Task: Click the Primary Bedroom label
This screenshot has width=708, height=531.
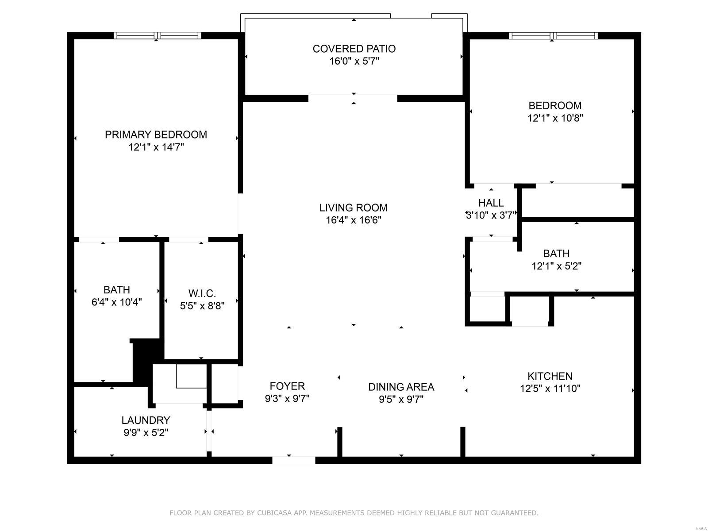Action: (x=156, y=135)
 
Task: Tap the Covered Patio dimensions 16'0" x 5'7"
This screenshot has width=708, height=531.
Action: (x=354, y=61)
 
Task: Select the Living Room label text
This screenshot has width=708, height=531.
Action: (x=354, y=208)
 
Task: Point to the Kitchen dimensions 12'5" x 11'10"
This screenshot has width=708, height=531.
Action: (x=550, y=389)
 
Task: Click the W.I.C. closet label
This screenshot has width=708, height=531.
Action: (x=202, y=293)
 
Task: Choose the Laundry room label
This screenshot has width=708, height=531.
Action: (x=146, y=420)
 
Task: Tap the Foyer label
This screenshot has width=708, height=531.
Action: (x=287, y=386)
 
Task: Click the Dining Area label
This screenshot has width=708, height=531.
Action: (x=401, y=387)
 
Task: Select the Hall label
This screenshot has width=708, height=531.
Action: (x=491, y=203)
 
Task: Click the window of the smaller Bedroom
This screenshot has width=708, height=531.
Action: (x=553, y=35)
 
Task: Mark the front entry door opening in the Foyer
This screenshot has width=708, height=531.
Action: (x=293, y=460)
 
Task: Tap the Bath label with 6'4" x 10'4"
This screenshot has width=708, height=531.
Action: (x=117, y=290)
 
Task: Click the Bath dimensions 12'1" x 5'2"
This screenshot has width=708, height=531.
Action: (x=556, y=266)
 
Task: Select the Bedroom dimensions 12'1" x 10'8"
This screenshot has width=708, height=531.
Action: (x=555, y=118)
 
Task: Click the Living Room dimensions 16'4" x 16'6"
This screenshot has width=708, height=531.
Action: (x=354, y=220)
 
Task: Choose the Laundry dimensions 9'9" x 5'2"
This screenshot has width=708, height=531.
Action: (x=146, y=433)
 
